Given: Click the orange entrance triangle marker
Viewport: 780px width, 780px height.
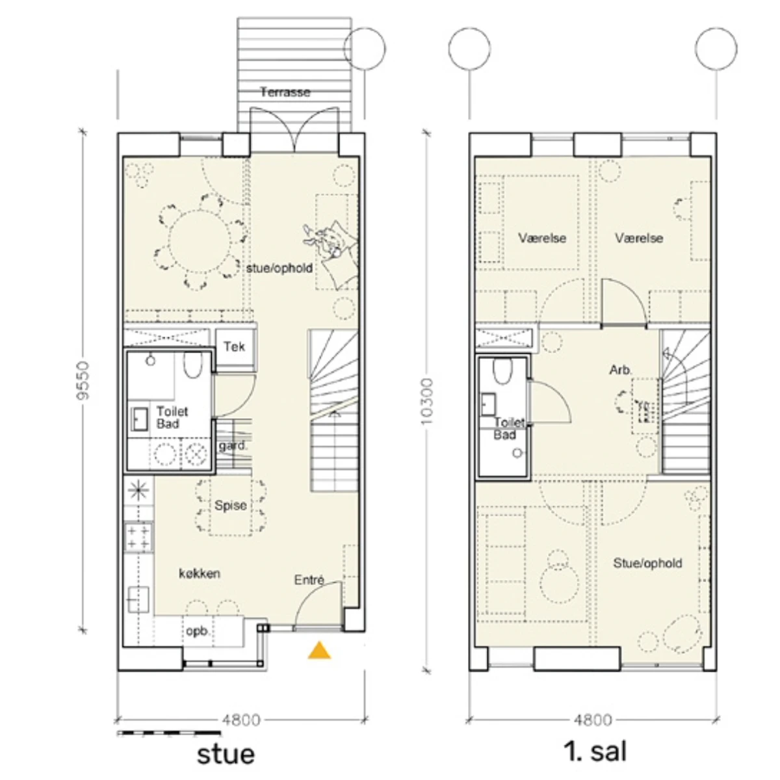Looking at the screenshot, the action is [x=319, y=651].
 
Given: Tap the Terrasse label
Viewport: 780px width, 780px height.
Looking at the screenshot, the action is [x=285, y=92].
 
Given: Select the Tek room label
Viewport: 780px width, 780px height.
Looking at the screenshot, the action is [x=235, y=346].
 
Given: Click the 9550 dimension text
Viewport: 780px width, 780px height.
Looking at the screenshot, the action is [x=83, y=380].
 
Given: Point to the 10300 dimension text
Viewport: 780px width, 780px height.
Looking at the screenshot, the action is [x=426, y=401].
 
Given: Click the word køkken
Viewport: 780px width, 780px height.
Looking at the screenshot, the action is [x=200, y=573].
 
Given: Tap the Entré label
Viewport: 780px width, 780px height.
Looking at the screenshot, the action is [x=309, y=580].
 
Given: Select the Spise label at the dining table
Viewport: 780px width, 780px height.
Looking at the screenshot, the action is [x=230, y=506].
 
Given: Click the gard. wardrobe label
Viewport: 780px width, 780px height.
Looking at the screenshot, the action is [x=232, y=446].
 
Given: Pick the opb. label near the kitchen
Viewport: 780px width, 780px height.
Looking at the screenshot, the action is [x=198, y=630].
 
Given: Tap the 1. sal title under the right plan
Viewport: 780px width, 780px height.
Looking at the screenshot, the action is [x=595, y=751].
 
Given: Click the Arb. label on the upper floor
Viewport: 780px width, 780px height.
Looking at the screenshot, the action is [x=620, y=370].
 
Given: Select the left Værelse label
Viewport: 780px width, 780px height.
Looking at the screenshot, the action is [x=542, y=238].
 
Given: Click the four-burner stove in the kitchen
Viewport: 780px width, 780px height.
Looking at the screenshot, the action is [x=138, y=537].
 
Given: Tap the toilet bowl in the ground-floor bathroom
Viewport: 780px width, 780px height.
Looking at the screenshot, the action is [x=192, y=365].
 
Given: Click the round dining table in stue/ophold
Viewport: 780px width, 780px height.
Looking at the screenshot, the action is [x=199, y=241].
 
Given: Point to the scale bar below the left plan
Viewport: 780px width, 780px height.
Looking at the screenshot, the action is [x=169, y=733].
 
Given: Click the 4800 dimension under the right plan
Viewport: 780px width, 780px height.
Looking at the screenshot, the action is [x=593, y=720].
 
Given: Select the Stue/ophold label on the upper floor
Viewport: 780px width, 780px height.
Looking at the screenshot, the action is [x=647, y=563].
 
